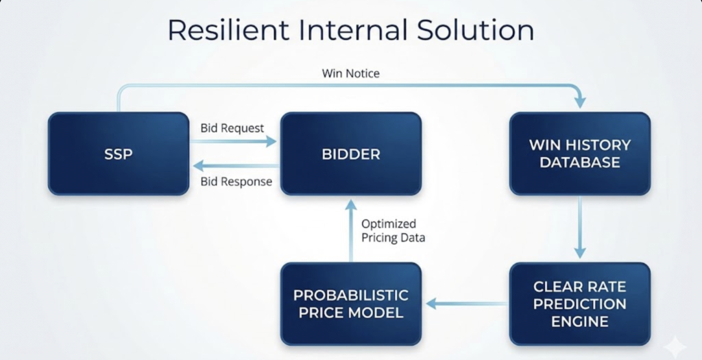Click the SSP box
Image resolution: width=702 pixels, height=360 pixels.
coord(118,154)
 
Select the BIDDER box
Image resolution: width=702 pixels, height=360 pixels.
coord(350,154)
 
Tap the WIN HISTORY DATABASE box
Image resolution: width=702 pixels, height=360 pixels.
coord(579,154)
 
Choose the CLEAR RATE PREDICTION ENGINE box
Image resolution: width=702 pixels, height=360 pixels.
coord(579,303)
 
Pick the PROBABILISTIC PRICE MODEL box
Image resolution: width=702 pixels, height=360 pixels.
coord(350,303)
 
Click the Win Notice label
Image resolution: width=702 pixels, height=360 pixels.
coord(350,73)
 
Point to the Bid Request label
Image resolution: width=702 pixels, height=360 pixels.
coord(232,128)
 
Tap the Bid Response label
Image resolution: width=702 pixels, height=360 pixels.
coord(236,182)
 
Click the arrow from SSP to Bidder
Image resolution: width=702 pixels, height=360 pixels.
coord(233,141)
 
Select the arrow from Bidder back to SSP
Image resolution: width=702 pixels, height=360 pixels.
coord(233,166)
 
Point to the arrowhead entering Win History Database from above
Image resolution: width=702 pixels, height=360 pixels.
coord(580,101)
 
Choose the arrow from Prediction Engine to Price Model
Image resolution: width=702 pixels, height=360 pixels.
coord(466,302)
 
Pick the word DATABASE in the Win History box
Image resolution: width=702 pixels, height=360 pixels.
coord(579,163)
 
